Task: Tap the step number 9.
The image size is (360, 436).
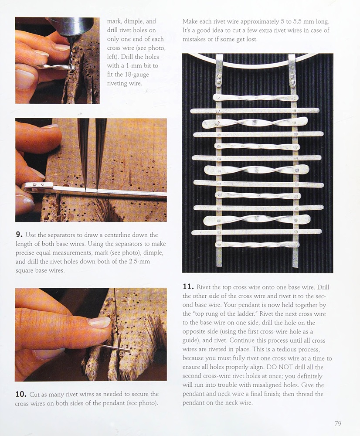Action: pyautogui.click(x=19, y=235)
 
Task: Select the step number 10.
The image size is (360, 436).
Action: pyautogui.click(x=21, y=394)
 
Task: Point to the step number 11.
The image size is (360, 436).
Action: pyautogui.click(x=188, y=287)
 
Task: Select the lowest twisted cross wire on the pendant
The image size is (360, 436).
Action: pyautogui.click(x=258, y=245)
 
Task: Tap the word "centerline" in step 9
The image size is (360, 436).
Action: pyautogui.click(x=115, y=235)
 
